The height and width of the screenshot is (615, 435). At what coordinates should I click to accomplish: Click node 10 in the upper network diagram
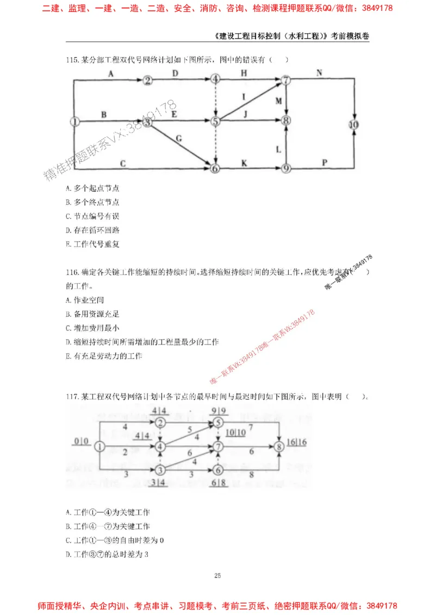(355, 124)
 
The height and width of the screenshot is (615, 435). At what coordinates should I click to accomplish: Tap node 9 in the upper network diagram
(286, 168)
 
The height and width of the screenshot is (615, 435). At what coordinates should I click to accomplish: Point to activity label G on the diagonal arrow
(178, 139)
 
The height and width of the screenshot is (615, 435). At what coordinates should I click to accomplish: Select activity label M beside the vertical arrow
(278, 101)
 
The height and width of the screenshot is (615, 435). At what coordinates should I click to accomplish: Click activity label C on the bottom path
(123, 162)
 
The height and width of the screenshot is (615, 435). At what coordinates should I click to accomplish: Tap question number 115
(72, 60)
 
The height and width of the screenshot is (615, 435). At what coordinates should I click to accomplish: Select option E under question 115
(92, 244)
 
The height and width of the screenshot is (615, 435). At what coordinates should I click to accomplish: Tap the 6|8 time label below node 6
(219, 482)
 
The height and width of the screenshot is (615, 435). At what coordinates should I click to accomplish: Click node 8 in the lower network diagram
(279, 447)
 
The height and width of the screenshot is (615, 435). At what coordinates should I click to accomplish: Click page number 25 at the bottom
(217, 575)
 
